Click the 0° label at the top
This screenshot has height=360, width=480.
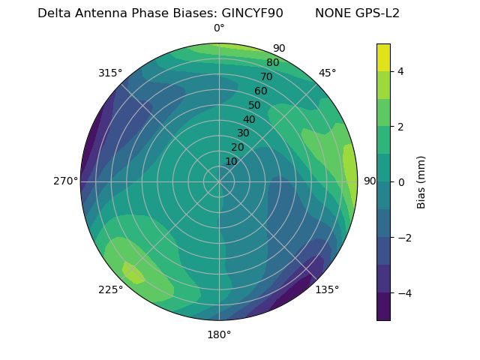click(219, 28)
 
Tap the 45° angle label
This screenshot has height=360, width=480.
click(328, 73)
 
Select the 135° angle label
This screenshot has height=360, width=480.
click(327, 289)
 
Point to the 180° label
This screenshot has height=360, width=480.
click(219, 334)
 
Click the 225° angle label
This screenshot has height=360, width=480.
click(110, 290)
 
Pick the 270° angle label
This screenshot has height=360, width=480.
click(65, 181)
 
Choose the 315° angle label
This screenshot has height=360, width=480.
click(110, 73)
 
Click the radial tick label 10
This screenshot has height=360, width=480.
click(231, 161)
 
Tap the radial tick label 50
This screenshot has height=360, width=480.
click(255, 105)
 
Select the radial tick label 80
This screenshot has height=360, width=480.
click(273, 62)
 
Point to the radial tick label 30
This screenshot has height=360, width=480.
click(243, 133)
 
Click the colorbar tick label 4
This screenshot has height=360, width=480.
click(401, 71)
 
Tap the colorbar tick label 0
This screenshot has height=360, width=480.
click(401, 182)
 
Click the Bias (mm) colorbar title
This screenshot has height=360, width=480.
click(421, 182)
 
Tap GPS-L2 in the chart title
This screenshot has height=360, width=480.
click(378, 13)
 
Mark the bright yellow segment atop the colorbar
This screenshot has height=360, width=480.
click(383, 57)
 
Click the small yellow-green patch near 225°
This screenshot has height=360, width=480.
click(133, 273)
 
